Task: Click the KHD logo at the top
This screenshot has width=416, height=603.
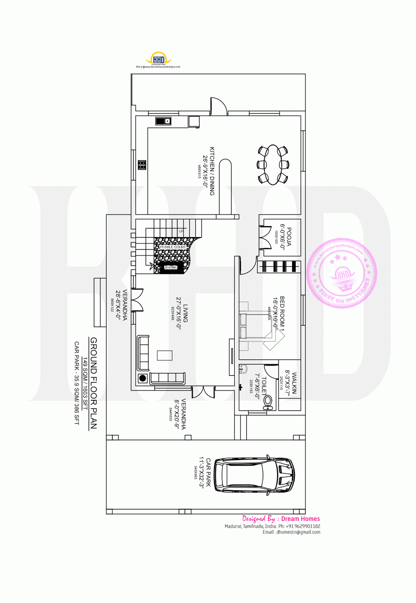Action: tap(158, 59)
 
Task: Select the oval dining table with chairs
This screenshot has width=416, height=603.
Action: tap(273, 165)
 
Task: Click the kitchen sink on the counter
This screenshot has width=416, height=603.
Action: tap(163, 121)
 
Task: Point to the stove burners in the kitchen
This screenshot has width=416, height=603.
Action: tap(142, 165)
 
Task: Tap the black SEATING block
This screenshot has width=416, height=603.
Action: tap(170, 268)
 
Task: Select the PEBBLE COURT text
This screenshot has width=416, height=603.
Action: tap(172, 247)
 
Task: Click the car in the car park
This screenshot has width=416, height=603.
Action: tap(254, 475)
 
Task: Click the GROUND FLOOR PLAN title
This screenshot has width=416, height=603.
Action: tap(94, 383)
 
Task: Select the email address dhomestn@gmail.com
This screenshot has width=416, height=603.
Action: tap(298, 532)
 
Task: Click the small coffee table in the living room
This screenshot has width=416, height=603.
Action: tap(164, 355)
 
